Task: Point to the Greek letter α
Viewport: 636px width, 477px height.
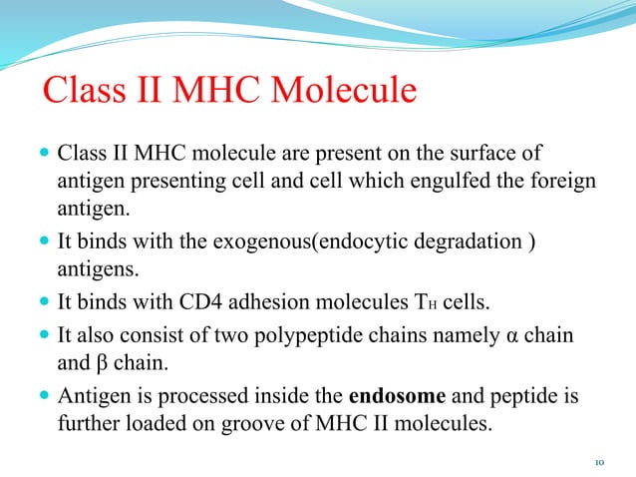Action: (x=514, y=335)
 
